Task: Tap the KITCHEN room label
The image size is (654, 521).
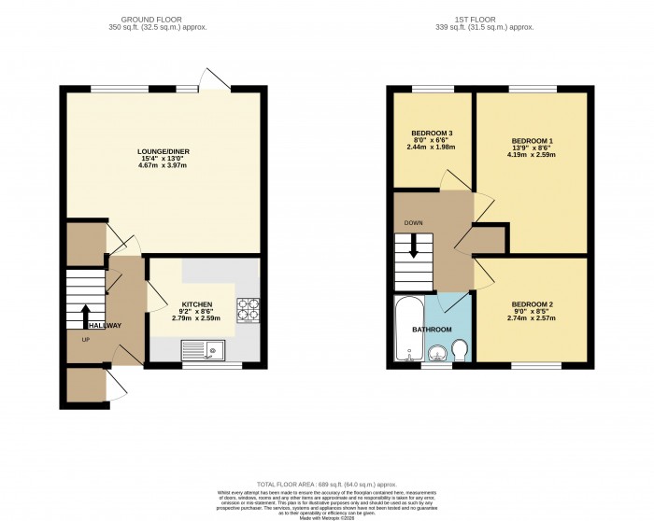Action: [x=197, y=304]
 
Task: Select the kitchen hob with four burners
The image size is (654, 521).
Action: [x=249, y=309]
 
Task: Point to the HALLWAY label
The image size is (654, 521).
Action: [x=103, y=325]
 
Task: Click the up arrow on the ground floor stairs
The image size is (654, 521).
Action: [x=85, y=316]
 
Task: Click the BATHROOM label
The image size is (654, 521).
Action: [x=433, y=330]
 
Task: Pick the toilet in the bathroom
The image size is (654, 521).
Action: [x=459, y=349]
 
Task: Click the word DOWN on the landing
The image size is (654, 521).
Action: [x=415, y=223]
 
